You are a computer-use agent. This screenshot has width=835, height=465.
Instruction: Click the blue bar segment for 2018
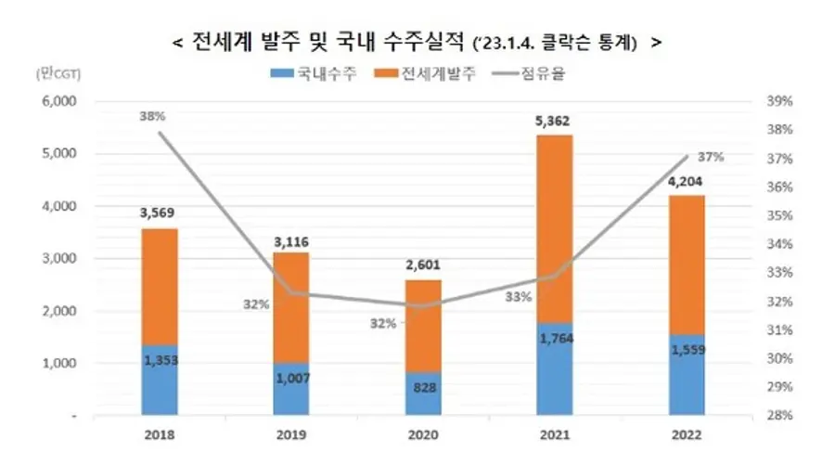160,381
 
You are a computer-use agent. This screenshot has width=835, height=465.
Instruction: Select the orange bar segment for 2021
554,227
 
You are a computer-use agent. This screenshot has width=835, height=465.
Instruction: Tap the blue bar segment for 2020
422,394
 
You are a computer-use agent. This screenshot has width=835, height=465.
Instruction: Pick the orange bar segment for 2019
291,306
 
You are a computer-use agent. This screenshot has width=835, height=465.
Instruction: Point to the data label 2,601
422,265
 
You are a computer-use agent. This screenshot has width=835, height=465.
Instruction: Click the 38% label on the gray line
152,117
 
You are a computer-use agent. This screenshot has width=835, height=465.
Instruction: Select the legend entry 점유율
543,74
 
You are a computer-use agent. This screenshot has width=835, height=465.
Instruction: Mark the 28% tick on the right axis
778,416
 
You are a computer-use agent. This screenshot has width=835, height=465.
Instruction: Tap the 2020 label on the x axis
422,433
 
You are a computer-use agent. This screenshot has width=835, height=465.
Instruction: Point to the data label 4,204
685,181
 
